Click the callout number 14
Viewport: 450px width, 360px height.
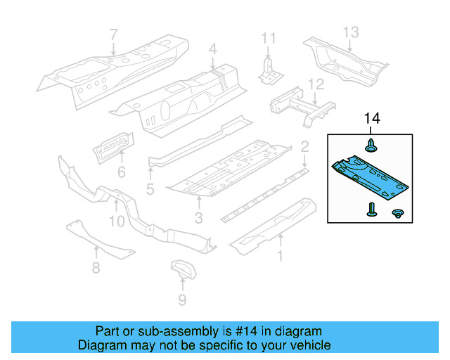372,118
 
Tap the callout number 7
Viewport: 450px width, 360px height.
114,35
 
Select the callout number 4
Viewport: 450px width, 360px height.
212,49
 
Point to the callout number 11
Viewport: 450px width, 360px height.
269,38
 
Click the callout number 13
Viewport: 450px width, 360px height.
351,32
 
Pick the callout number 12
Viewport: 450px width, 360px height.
316,84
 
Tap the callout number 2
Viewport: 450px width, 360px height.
304,147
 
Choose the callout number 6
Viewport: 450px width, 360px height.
122,172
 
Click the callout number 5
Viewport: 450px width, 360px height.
150,189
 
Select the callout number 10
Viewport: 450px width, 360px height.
117,221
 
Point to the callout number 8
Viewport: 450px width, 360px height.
96,268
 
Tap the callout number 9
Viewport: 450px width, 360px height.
182,300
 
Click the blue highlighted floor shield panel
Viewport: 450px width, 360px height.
371,178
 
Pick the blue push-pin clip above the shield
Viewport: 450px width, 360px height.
371,146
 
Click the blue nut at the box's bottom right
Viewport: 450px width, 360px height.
398,213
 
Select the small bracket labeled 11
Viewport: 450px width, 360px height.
270,72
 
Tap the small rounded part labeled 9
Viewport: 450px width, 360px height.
184,269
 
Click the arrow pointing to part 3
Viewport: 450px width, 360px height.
199,202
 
